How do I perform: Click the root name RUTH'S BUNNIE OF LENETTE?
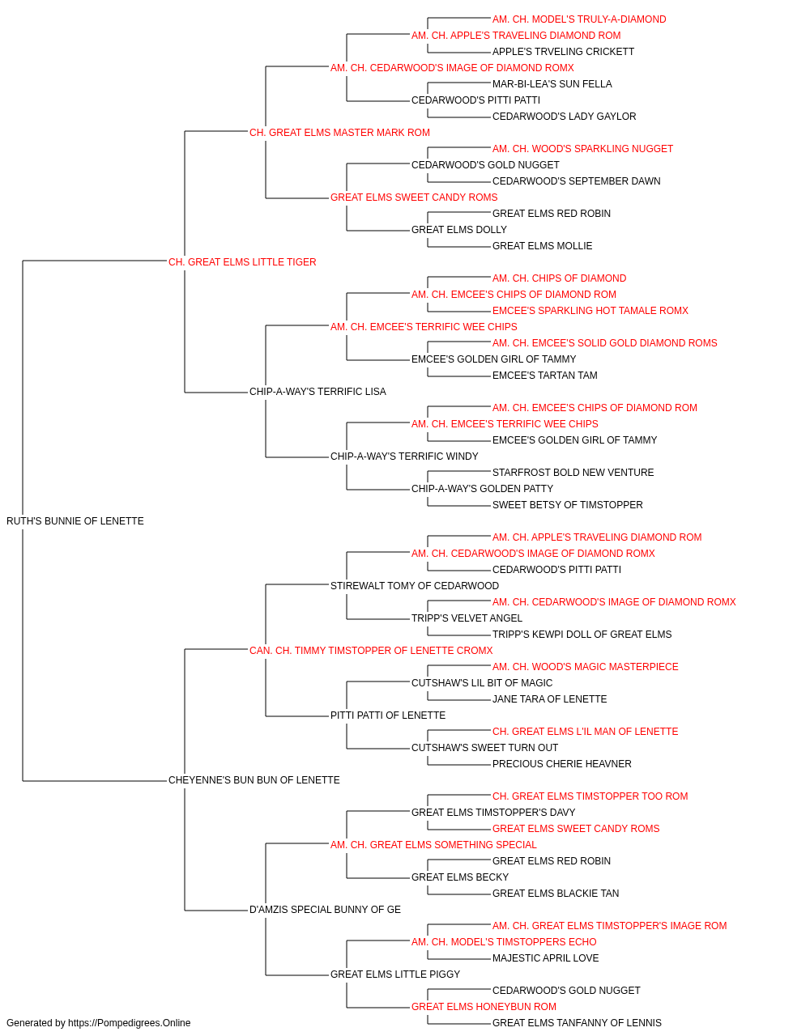75,521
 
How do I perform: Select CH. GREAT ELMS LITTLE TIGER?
242,262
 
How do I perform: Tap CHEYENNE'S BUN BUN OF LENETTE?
254,780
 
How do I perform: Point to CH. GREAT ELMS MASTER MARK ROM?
339,133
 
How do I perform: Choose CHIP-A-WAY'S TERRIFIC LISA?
318,392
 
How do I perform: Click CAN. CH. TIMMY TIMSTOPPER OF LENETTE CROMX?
371,651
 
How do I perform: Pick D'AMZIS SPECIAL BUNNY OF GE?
325,910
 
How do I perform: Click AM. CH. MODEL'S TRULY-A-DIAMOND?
579,19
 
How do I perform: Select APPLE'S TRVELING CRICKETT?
564,52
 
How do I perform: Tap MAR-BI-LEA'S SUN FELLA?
552,84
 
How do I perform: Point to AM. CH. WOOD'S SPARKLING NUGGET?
582,149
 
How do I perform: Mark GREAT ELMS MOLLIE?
543,246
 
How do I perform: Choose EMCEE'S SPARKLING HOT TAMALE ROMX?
590,311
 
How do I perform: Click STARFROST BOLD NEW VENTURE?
573,473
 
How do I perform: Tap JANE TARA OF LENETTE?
549,699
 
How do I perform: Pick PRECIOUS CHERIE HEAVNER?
562,764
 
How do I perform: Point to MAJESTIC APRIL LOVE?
545,958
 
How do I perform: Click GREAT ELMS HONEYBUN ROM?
484,1007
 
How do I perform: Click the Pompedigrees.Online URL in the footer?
130,1023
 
